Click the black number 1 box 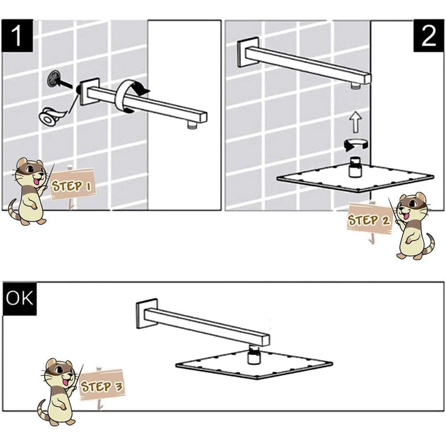17,36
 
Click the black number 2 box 429,36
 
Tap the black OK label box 20,299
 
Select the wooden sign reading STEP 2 369,220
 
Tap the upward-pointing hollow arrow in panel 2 356,122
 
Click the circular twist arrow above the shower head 356,144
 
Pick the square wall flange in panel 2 247,53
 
